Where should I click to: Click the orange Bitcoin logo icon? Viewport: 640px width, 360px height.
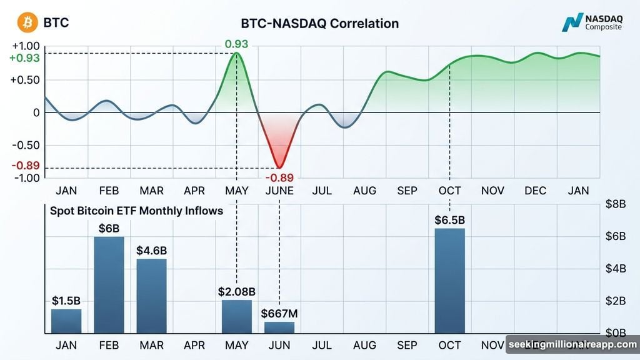pyautogui.click(x=27, y=23)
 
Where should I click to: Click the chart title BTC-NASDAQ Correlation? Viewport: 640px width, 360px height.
pyautogui.click(x=319, y=24)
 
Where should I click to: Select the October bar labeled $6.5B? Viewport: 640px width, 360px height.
pyautogui.click(x=449, y=281)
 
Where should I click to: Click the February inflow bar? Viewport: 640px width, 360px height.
pyautogui.click(x=109, y=285)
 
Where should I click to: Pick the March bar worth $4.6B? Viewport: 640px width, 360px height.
pyautogui.click(x=151, y=296)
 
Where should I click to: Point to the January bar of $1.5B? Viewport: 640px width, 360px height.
pyautogui.click(x=66, y=321)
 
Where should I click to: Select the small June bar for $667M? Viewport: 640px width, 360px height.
pyautogui.click(x=279, y=327)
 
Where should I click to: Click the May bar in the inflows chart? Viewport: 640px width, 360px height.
pyautogui.click(x=237, y=316)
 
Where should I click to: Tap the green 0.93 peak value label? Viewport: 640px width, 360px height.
pyautogui.click(x=237, y=44)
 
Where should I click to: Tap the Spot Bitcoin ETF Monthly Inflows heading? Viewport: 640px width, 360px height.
pyautogui.click(x=136, y=211)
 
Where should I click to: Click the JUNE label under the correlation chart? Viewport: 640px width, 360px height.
pyautogui.click(x=279, y=191)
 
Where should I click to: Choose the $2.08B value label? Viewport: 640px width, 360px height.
pyautogui.click(x=237, y=291)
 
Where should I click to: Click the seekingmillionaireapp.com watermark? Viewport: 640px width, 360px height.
pyautogui.click(x=571, y=345)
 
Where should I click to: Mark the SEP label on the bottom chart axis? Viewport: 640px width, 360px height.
pyautogui.click(x=407, y=345)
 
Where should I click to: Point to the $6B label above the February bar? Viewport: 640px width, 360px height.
pyautogui.click(x=109, y=229)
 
